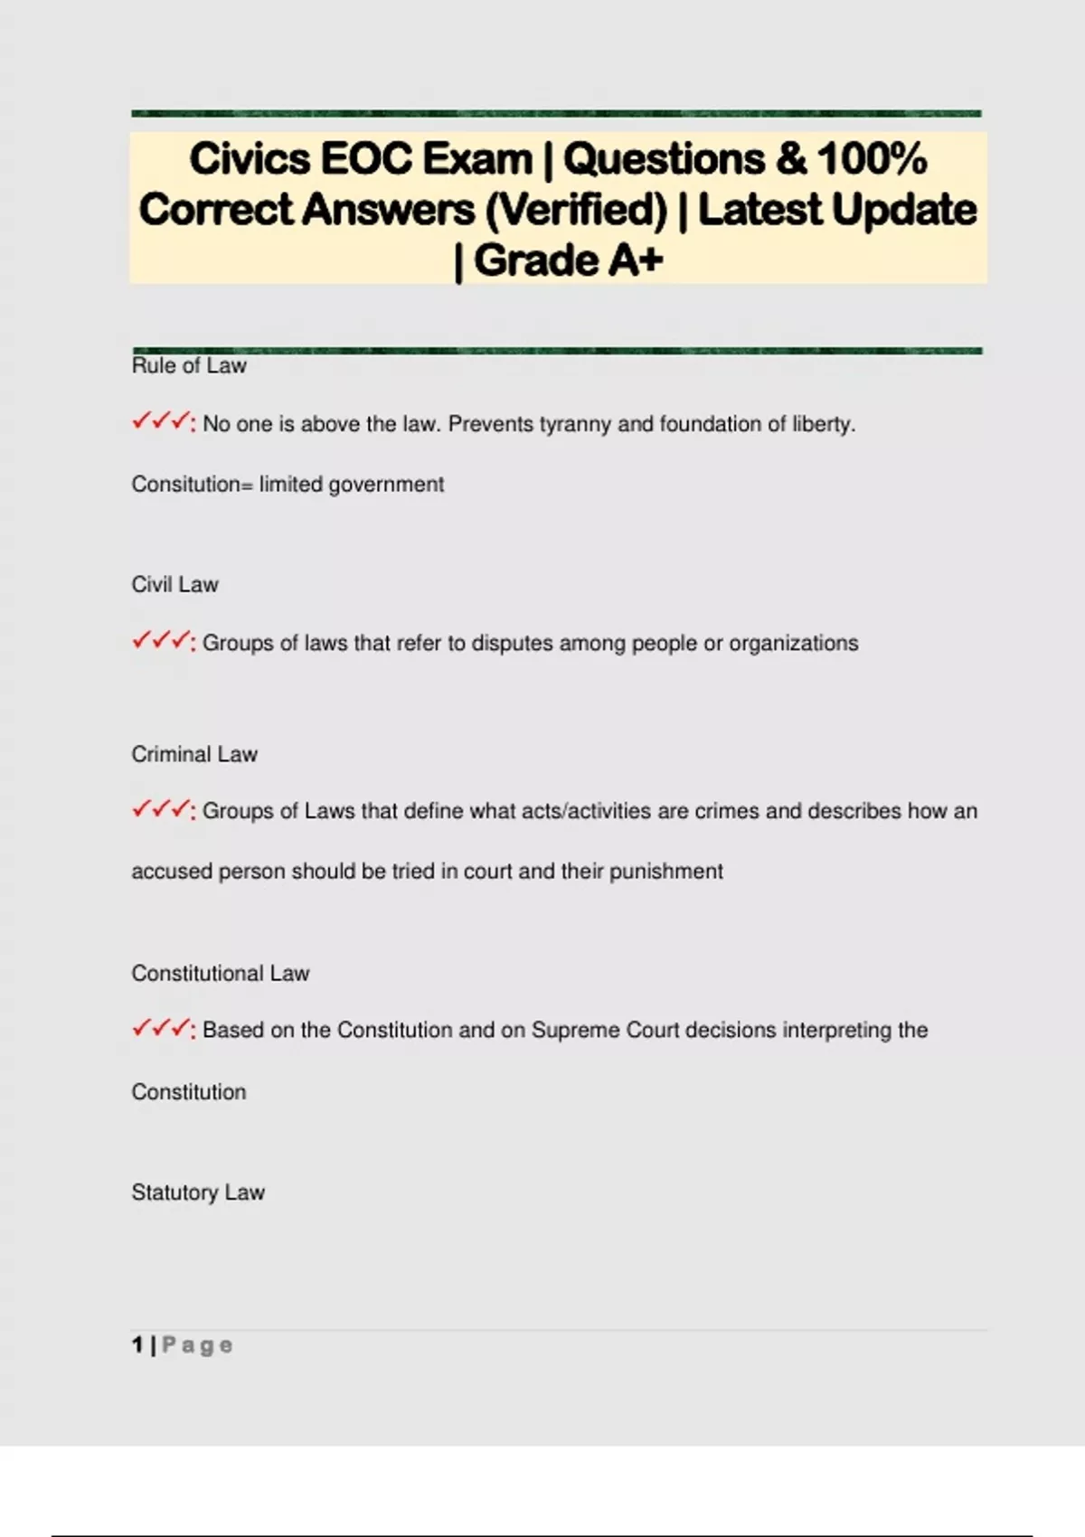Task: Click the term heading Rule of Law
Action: click(x=189, y=366)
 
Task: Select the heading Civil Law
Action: click(x=175, y=585)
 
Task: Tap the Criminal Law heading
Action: click(x=194, y=754)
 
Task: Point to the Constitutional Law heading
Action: click(x=221, y=974)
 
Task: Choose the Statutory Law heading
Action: click(x=198, y=1193)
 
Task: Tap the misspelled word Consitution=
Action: click(x=192, y=485)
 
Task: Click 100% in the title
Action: click(x=872, y=159)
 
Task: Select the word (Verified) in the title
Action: click(x=576, y=211)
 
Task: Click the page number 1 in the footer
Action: click(x=137, y=1345)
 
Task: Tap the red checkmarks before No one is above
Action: click(x=161, y=422)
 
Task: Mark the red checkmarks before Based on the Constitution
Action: click(x=161, y=1029)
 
